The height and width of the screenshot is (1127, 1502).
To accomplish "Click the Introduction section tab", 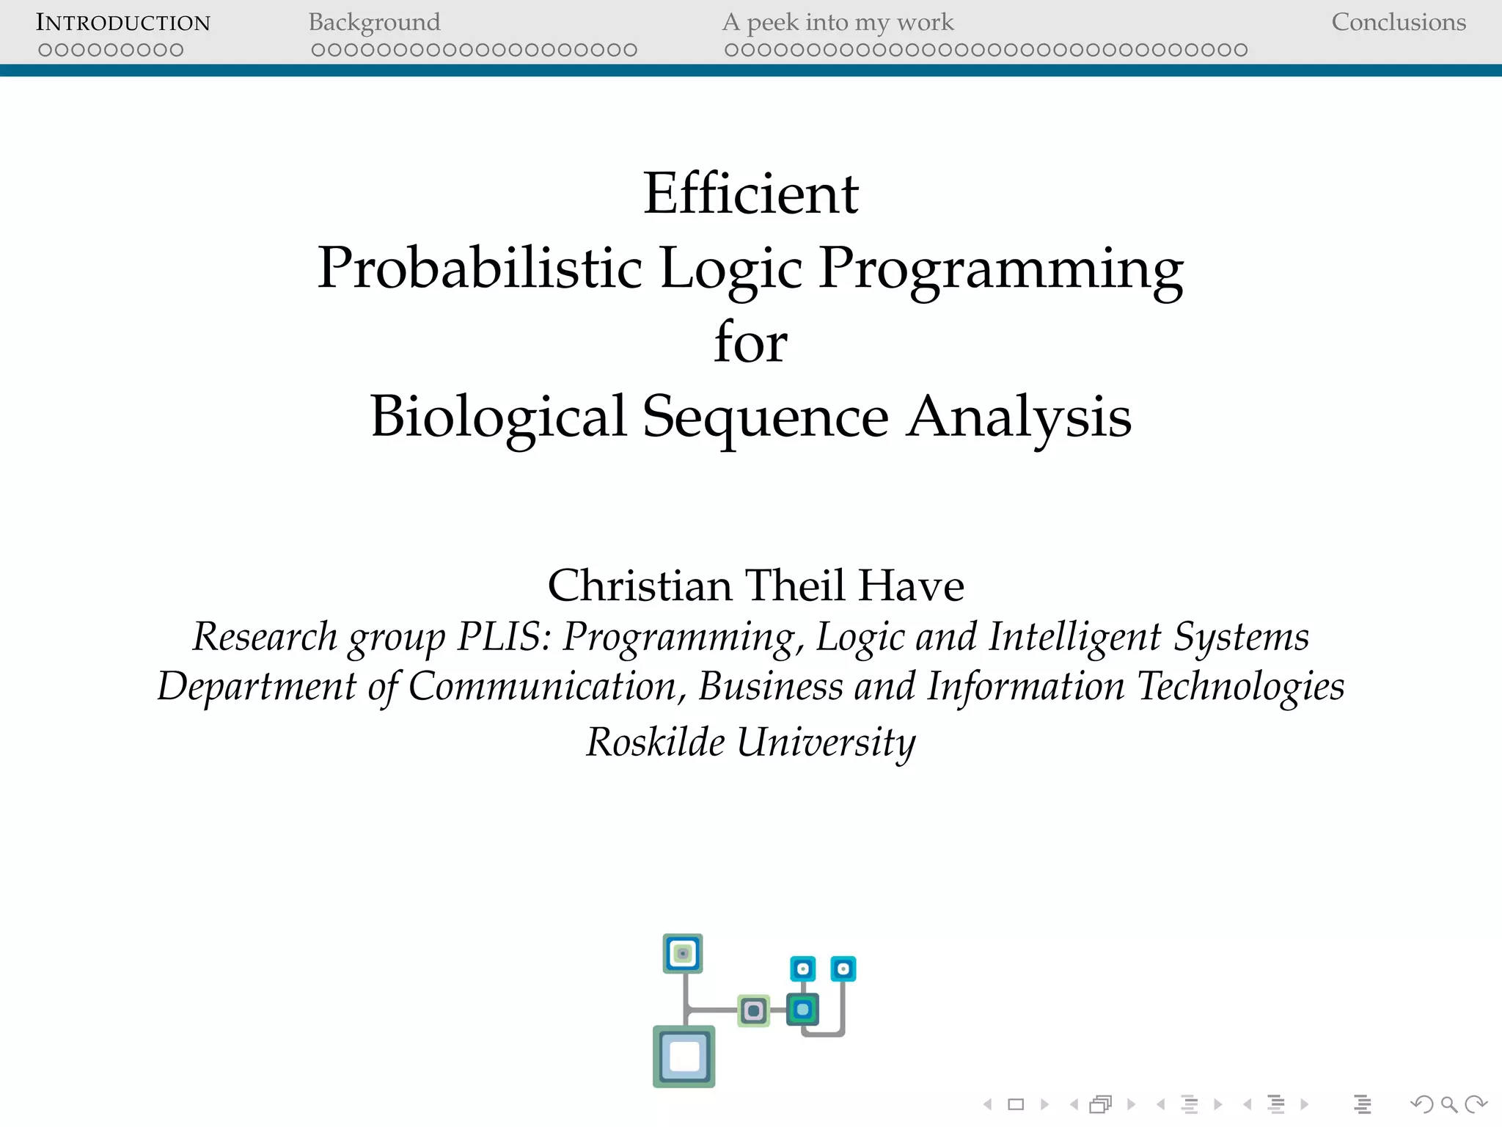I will pos(123,23).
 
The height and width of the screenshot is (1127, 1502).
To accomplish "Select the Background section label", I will pos(374,23).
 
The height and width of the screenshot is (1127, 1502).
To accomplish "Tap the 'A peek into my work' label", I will pos(838,23).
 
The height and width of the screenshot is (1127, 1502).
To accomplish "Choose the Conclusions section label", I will pos(1399,23).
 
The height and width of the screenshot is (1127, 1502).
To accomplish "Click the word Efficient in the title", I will pos(751,194).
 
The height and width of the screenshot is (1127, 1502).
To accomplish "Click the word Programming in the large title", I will pos(1000,270).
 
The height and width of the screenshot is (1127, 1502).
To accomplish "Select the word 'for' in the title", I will pos(751,342).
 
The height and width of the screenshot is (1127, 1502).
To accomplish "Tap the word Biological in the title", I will pos(499,417).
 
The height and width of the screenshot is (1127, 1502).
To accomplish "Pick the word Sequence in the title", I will pos(766,417).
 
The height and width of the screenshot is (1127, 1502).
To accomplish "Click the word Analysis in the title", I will pos(1019,417).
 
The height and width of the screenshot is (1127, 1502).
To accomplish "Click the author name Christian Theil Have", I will pos(755,586).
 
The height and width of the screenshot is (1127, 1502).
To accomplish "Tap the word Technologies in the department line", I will pos(1240,687).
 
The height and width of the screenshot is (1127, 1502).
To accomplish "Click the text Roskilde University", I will pos(751,742).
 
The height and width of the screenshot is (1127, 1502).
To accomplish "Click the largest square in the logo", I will pos(684,1057).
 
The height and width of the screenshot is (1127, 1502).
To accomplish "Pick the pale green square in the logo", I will pos(753,1011).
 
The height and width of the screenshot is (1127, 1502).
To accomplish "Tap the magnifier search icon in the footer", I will pos(1448,1104).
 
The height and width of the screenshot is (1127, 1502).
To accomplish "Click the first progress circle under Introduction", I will pos(45,50).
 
